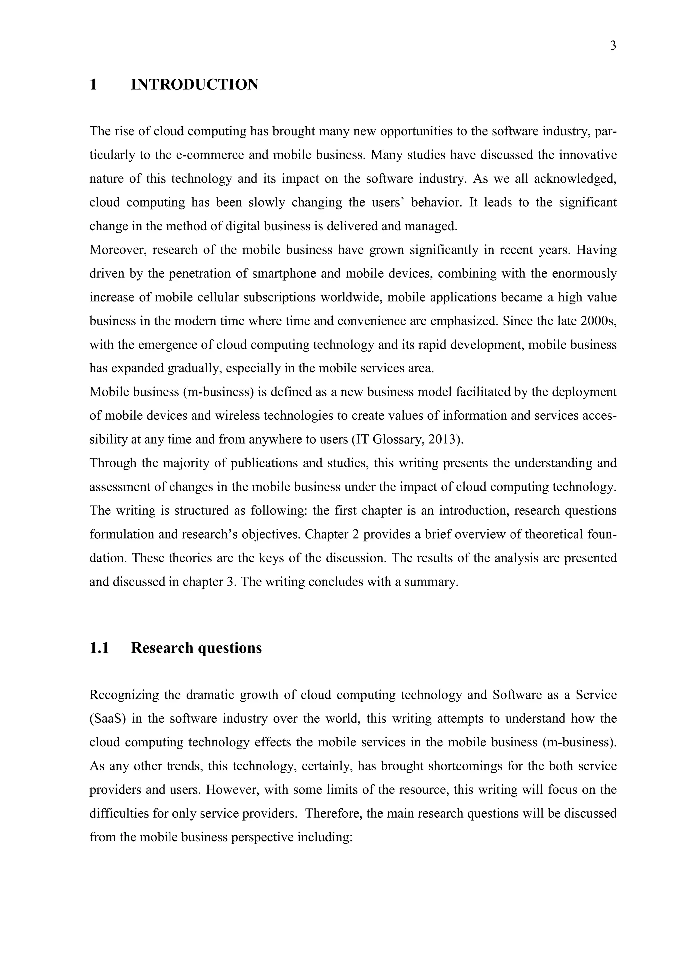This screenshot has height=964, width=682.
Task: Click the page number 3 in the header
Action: coord(613,45)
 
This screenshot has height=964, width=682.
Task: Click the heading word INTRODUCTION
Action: coord(194,85)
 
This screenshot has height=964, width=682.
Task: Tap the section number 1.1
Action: coord(99,648)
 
